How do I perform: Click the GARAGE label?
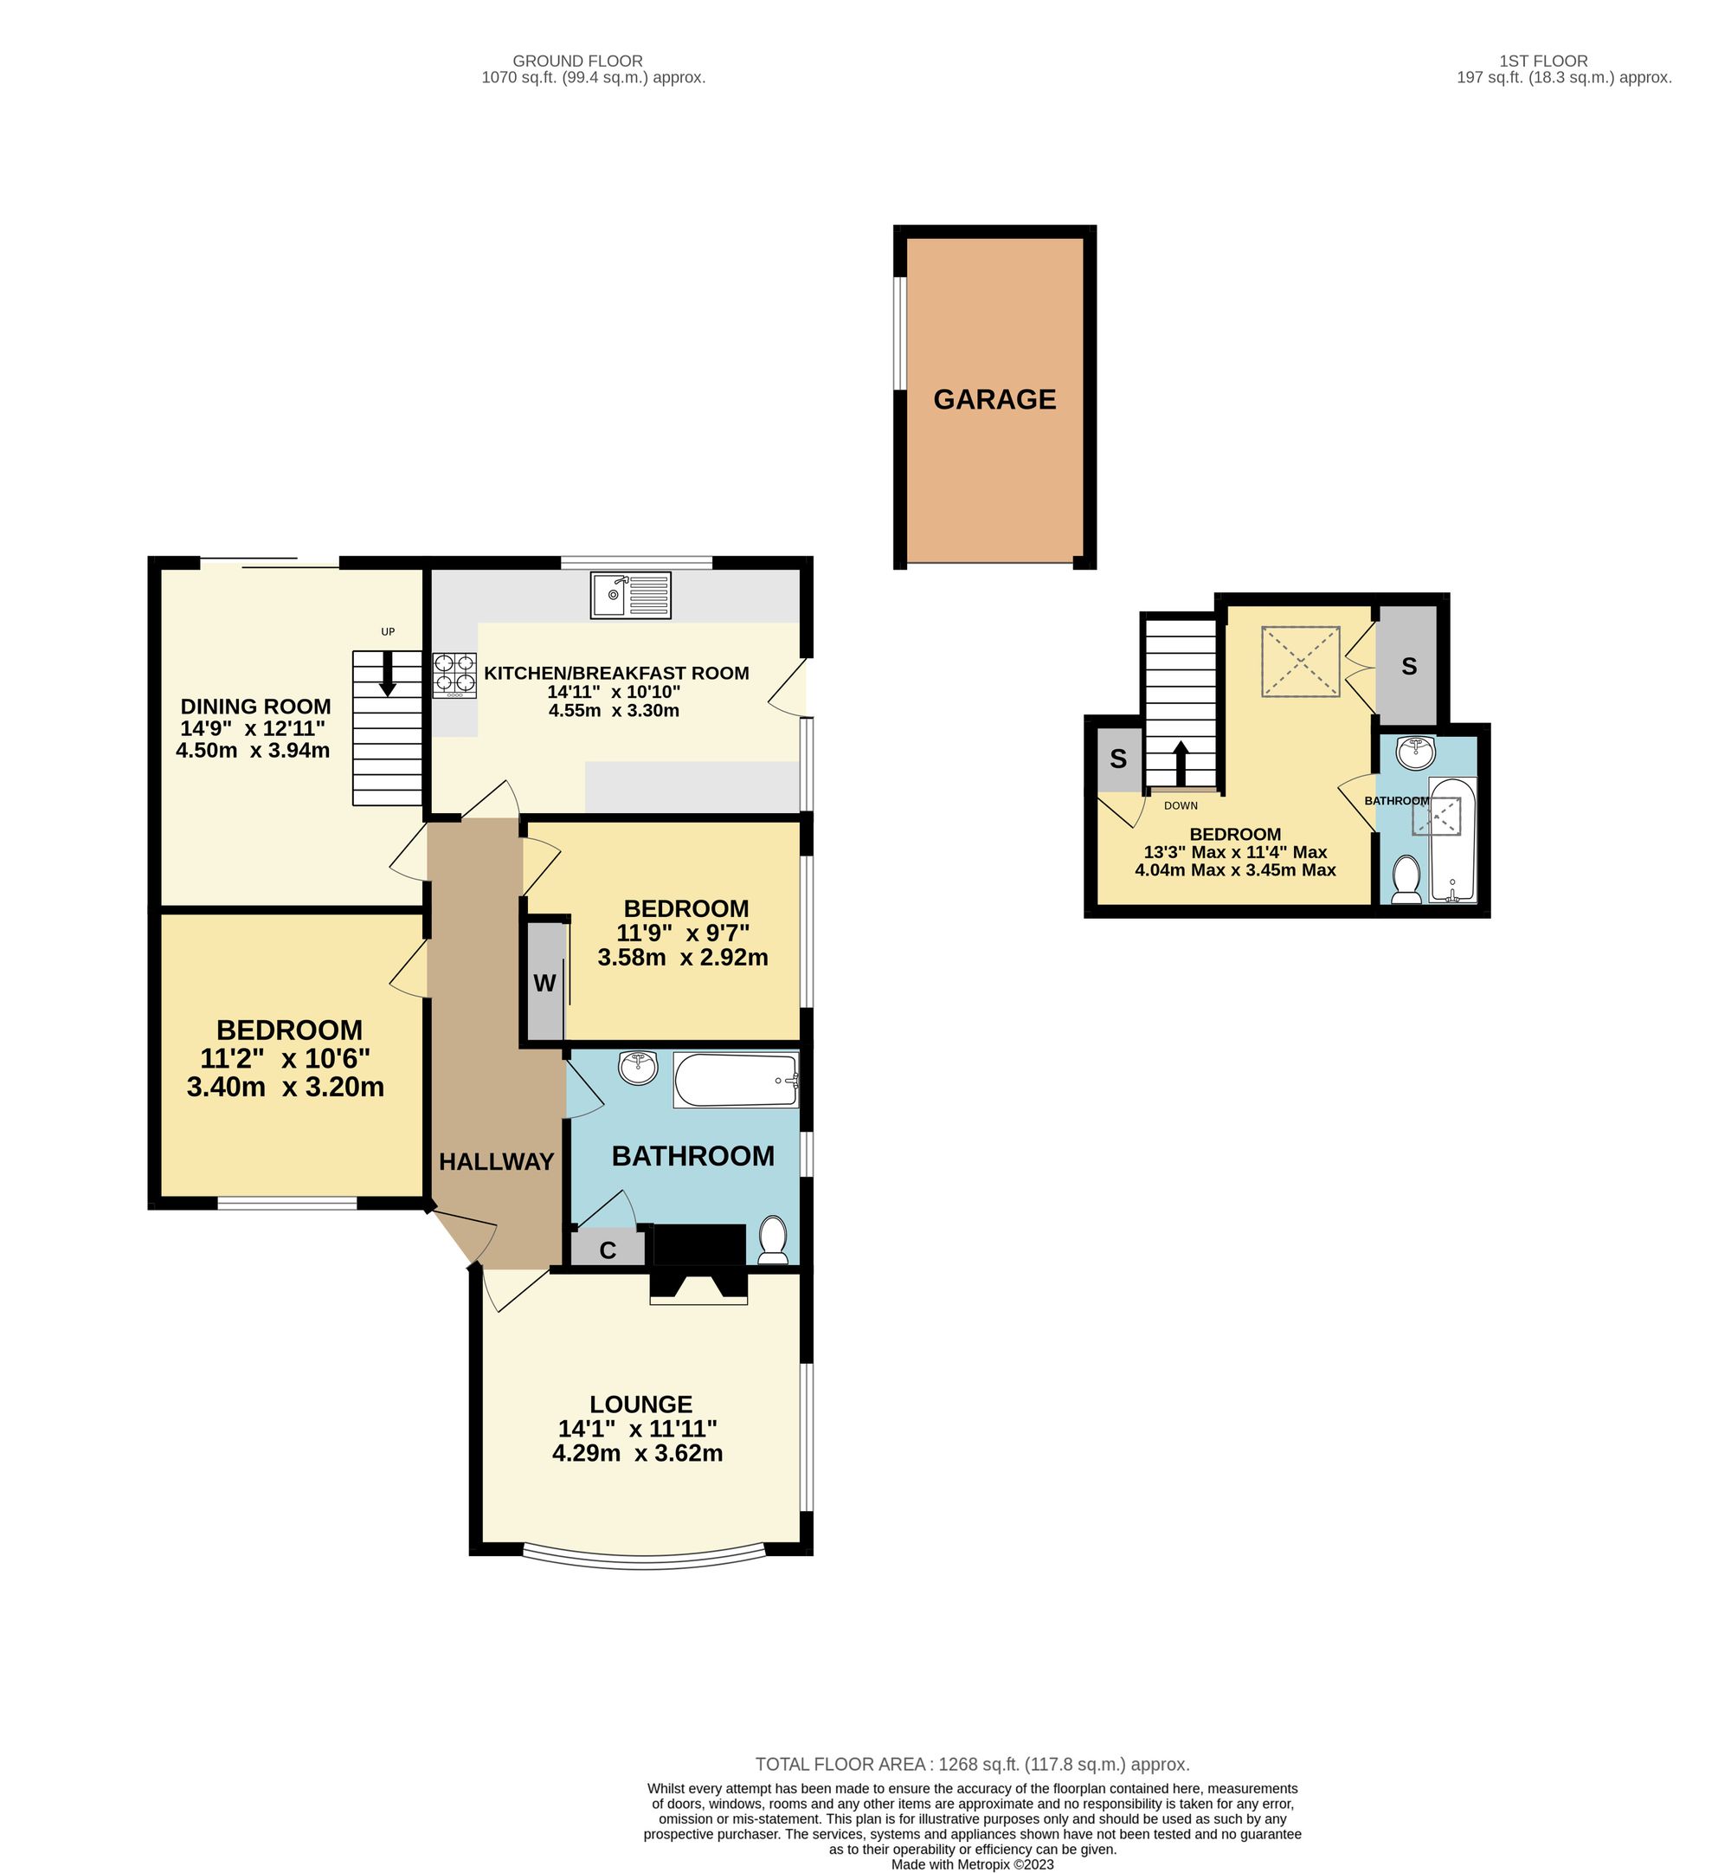pyautogui.click(x=994, y=400)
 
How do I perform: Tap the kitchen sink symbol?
pyautogui.click(x=630, y=595)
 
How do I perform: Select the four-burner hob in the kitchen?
pyautogui.click(x=454, y=675)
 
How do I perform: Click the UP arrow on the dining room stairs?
pyautogui.click(x=387, y=674)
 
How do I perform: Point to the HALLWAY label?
pyautogui.click(x=497, y=1162)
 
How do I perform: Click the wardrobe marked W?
pyautogui.click(x=544, y=983)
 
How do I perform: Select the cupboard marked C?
pyautogui.click(x=608, y=1250)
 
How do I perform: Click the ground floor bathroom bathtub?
pyautogui.click(x=737, y=1081)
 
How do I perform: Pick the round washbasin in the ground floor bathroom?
pyautogui.click(x=638, y=1066)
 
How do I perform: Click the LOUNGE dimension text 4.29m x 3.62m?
pyautogui.click(x=637, y=1453)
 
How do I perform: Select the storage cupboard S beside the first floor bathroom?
pyautogui.click(x=1408, y=666)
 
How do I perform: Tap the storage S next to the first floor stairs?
pyautogui.click(x=1117, y=759)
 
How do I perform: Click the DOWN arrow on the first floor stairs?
pyautogui.click(x=1181, y=764)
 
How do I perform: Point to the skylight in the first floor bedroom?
pyautogui.click(x=1300, y=662)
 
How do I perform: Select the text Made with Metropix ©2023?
pyautogui.click(x=972, y=1863)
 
